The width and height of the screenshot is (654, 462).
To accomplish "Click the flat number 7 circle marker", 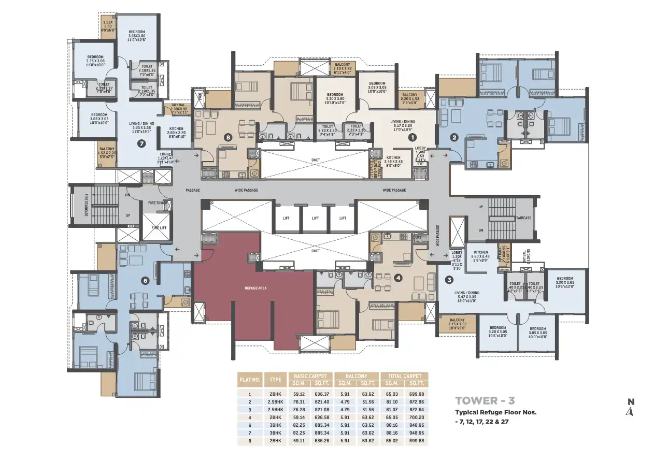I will pos(141,144).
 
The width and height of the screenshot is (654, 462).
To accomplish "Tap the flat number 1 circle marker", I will pos(413,138).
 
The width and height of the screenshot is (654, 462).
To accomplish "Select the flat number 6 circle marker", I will pos(145,281).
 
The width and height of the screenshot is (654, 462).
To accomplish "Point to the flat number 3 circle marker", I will pos(449,280).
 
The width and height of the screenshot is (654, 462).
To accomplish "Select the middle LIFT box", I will pos(315,218).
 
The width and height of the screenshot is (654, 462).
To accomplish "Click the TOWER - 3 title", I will pos(485,400).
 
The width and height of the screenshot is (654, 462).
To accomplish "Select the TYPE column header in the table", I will pos(275,379).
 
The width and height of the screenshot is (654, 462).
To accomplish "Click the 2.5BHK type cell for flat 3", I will pos(275,409).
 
